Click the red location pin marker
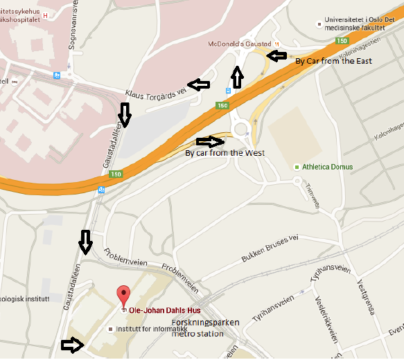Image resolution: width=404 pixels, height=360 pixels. coord(123,296)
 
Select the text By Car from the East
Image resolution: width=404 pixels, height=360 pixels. coord(333,61)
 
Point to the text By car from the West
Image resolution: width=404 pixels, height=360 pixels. coord(224,152)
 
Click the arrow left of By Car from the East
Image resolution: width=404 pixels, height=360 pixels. coord(277,55)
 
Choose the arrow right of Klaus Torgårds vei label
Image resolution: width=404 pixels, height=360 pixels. coord(200,84)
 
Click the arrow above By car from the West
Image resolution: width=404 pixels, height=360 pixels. coord(210,141)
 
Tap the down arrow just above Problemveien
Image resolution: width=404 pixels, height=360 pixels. coord(85,242)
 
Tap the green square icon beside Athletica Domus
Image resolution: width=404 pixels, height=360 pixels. coord(297,167)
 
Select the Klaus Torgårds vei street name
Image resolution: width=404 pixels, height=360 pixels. coord(156,91)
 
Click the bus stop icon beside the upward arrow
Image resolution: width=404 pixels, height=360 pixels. coord(228,91)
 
